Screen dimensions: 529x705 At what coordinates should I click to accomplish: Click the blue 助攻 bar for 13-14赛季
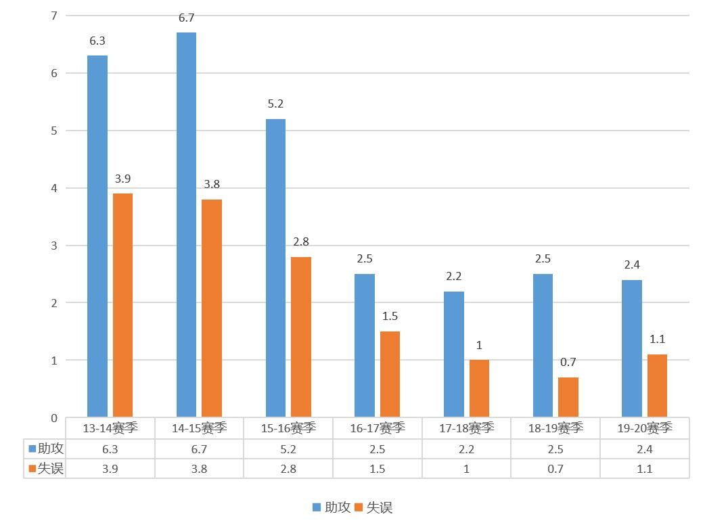click(x=97, y=236)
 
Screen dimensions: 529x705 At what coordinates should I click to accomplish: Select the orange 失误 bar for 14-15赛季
click(x=212, y=308)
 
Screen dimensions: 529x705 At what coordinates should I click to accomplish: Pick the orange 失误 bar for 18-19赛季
click(x=568, y=397)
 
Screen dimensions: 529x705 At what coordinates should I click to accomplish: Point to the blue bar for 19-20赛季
click(x=631, y=348)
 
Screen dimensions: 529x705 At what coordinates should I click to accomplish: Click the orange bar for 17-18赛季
click(x=479, y=388)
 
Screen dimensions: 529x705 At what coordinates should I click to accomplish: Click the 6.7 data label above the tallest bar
click(x=187, y=18)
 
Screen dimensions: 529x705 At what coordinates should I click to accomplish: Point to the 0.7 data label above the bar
click(x=568, y=363)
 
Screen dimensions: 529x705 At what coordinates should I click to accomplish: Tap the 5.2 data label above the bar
click(x=275, y=104)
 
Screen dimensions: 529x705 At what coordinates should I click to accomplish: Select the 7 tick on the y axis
click(x=54, y=15)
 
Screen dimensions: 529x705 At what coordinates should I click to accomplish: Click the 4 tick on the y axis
click(x=54, y=188)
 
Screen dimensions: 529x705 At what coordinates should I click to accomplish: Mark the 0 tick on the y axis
click(x=54, y=418)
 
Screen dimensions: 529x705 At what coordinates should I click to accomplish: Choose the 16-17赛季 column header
click(x=378, y=428)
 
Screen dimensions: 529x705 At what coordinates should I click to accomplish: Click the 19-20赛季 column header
click(x=645, y=428)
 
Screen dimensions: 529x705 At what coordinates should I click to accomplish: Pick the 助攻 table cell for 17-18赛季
click(x=467, y=449)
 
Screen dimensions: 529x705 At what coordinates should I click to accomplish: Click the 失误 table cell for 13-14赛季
click(x=110, y=469)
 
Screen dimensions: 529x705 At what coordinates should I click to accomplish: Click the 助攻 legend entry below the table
click(x=332, y=507)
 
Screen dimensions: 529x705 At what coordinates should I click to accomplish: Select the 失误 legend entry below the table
click(x=374, y=507)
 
